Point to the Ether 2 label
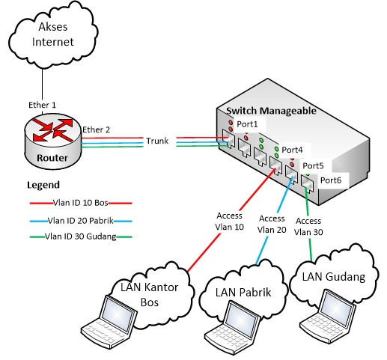point(97,129)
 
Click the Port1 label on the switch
point(247,123)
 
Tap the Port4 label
point(292,149)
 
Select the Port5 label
point(313,165)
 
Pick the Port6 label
point(330,180)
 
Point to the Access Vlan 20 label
point(271,225)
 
